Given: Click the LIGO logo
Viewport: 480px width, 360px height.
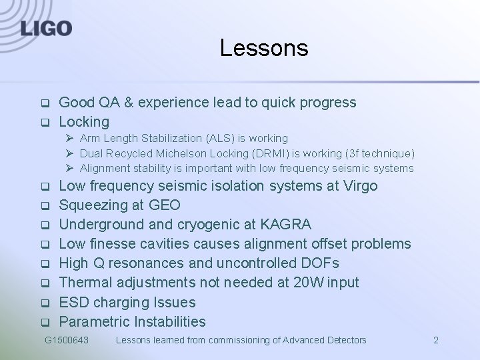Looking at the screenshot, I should [x=46, y=28].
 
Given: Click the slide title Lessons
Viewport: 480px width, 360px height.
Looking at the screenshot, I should [x=264, y=48].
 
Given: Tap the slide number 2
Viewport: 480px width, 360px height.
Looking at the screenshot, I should [x=436, y=340].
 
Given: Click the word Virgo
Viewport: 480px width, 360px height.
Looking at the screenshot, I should [x=360, y=185].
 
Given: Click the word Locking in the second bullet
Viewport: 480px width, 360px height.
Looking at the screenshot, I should [x=84, y=122].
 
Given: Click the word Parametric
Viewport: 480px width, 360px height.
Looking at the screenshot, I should [x=94, y=321].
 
